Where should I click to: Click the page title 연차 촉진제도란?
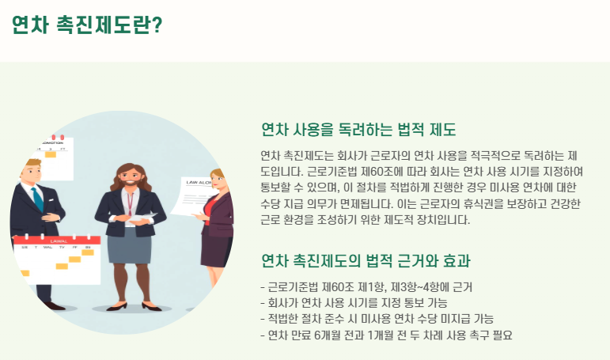pyautogui.click(x=87, y=25)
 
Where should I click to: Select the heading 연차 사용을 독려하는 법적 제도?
pyautogui.click(x=358, y=130)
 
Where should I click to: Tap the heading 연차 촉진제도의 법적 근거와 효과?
pyautogui.click(x=366, y=261)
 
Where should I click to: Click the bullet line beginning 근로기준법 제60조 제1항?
pyautogui.click(x=366, y=287)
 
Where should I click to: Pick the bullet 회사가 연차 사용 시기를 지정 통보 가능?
pyautogui.click(x=354, y=303)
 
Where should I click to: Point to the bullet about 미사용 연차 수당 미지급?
pyautogui.click(x=377, y=319)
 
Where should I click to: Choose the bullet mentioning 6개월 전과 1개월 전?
pyautogui.click(x=386, y=335)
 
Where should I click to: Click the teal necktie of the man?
pyautogui.click(x=37, y=199)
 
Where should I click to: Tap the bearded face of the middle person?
pyautogui.click(x=130, y=177)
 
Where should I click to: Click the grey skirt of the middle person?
pyautogui.click(x=129, y=246)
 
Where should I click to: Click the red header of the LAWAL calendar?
pyautogui.click(x=57, y=241)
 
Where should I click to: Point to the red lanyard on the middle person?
pyautogui.click(x=130, y=203)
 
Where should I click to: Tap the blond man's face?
pyautogui.click(x=32, y=172)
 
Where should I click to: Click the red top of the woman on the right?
pyautogui.click(x=209, y=210)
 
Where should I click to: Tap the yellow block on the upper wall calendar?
pyautogui.click(x=51, y=154)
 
